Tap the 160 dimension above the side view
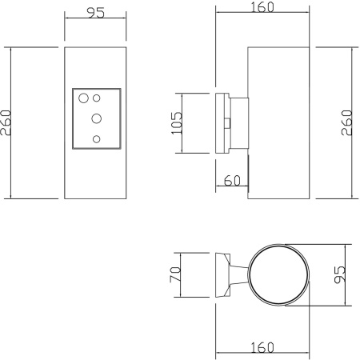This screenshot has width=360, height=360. pos(262,8)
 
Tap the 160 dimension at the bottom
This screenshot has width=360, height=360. pos(262,347)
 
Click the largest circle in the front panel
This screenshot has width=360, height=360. pos(83,99)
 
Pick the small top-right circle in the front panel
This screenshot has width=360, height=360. pos(97,98)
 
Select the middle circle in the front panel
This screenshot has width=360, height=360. pos(97,118)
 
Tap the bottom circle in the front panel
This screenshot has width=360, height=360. pos(97,139)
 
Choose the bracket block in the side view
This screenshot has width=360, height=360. pos(237,123)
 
